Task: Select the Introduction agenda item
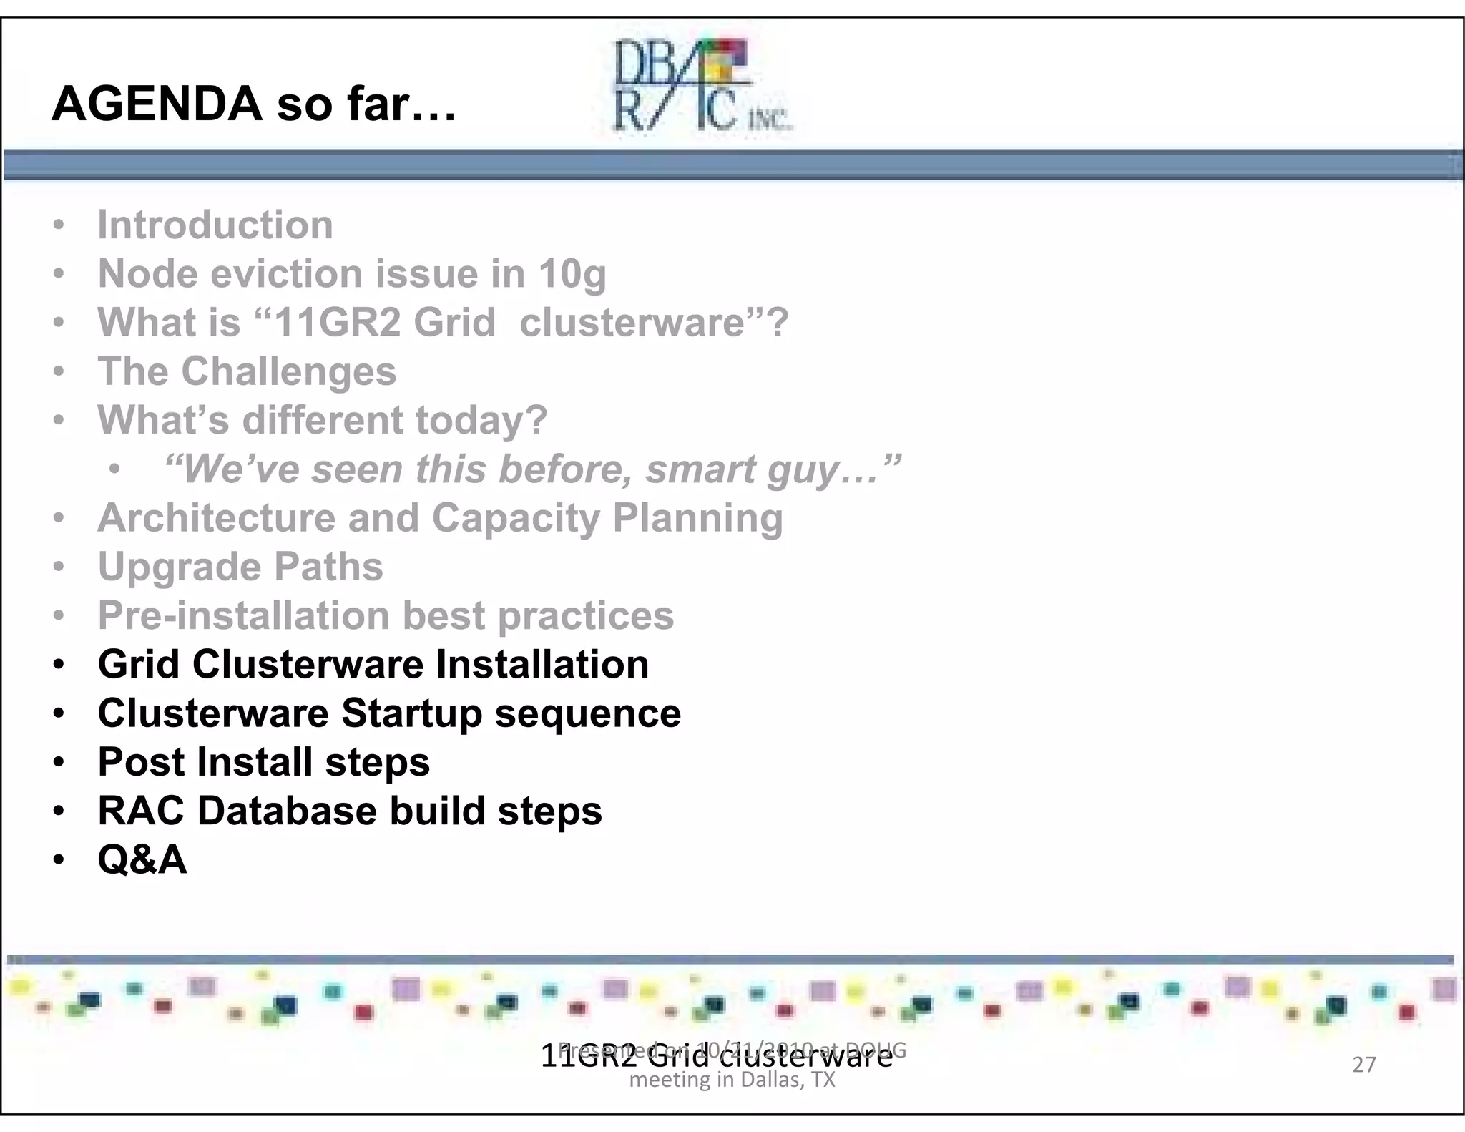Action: [x=215, y=225]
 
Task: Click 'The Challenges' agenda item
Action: [x=247, y=371]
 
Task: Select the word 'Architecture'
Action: [x=216, y=518]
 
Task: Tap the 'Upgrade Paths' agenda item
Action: [x=240, y=567]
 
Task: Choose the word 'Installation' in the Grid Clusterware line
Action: [x=542, y=665]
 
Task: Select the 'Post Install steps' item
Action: [x=264, y=762]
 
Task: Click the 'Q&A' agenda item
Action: [x=142, y=859]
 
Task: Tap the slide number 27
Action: [x=1363, y=1065]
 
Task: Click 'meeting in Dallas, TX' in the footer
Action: [x=732, y=1080]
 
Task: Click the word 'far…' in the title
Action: [x=401, y=104]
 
